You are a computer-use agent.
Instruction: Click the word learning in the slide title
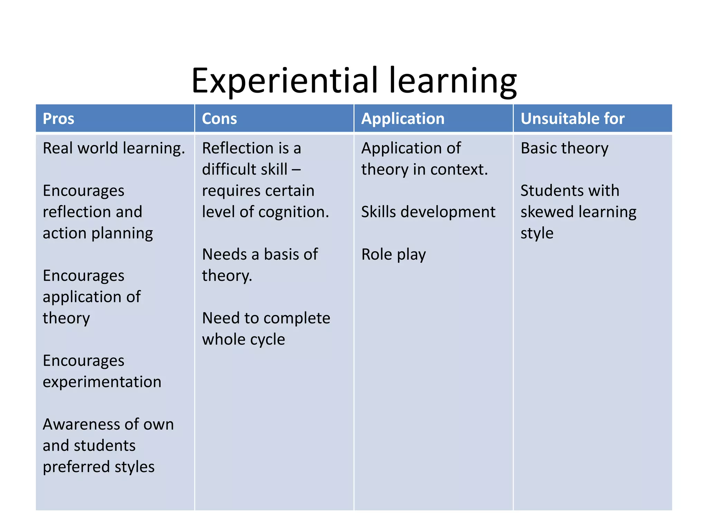[453, 81]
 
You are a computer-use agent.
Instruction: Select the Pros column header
[58, 119]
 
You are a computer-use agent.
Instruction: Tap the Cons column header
[219, 119]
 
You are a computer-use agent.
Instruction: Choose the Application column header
[403, 119]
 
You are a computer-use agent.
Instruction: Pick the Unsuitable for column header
[572, 119]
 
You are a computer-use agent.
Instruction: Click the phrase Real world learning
[114, 148]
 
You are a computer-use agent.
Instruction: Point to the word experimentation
[102, 382]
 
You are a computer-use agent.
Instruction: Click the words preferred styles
[99, 467]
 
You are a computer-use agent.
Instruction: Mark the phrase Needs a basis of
[260, 254]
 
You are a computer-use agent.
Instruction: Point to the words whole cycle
[243, 339]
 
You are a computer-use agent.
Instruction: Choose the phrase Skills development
[428, 212]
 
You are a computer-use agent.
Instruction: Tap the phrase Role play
[393, 255]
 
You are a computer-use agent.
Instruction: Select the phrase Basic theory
[564, 148]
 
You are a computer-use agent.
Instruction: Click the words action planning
[98, 233]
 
